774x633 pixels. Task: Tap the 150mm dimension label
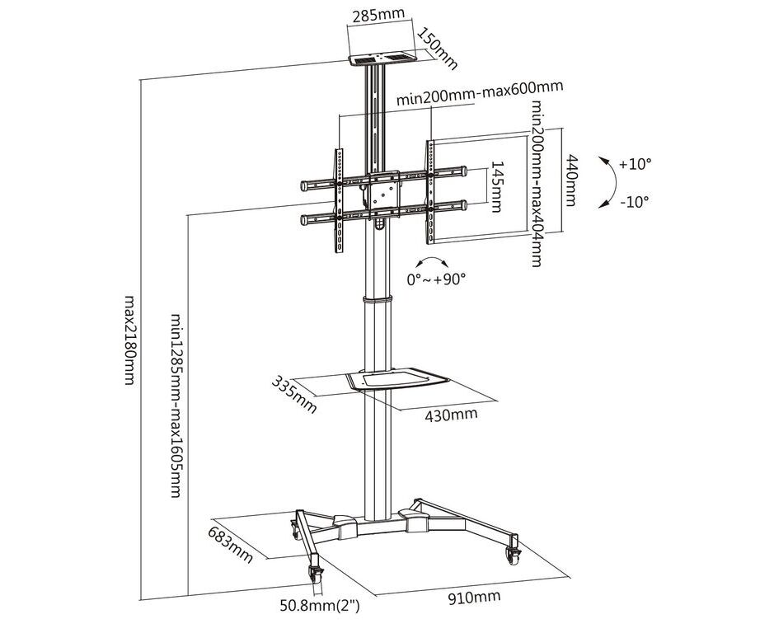click(437, 49)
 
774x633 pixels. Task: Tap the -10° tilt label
click(634, 200)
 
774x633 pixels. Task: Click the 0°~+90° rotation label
click(437, 279)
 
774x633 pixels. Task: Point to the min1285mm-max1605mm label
click(174, 404)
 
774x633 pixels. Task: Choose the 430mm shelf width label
click(450, 415)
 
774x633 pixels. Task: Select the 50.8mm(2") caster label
click(320, 608)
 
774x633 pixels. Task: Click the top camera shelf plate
click(382, 60)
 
